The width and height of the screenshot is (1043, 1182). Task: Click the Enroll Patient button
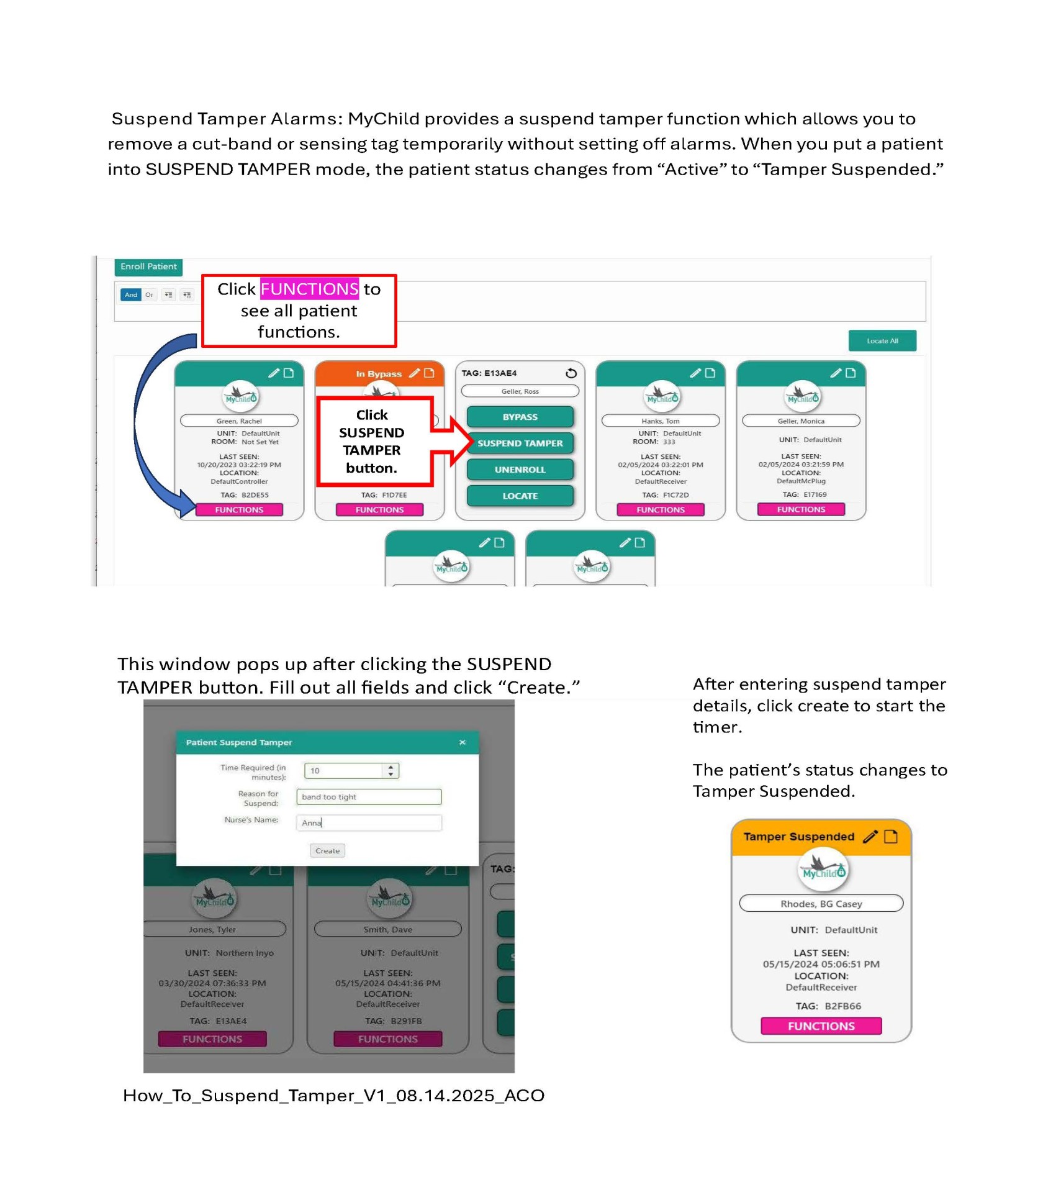coord(148,266)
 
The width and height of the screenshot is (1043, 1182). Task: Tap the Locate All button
coord(882,340)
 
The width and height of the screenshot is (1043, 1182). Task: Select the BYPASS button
coord(520,417)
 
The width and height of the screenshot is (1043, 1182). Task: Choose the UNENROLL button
coord(520,470)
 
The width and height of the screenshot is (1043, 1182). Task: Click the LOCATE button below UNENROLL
coord(520,496)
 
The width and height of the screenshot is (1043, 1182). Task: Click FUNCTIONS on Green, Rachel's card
coord(239,509)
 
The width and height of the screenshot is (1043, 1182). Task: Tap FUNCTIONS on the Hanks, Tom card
coord(660,509)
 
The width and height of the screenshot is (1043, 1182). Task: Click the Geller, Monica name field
coord(800,421)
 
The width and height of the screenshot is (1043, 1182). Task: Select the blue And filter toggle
coord(130,294)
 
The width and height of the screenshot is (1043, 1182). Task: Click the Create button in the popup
coord(327,850)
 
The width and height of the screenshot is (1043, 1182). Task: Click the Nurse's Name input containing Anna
coord(369,822)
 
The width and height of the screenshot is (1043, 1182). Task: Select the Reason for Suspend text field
coord(369,796)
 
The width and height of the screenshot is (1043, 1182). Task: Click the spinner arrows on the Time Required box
coord(391,770)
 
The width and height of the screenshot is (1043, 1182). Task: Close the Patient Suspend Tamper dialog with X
coord(462,742)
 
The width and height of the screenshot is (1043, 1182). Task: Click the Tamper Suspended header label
coord(798,837)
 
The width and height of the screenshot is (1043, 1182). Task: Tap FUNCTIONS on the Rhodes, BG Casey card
coord(821,1025)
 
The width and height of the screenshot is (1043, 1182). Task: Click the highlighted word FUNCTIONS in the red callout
coord(309,289)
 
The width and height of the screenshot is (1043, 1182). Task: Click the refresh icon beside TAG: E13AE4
coord(571,373)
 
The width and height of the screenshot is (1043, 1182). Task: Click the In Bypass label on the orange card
coord(378,374)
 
